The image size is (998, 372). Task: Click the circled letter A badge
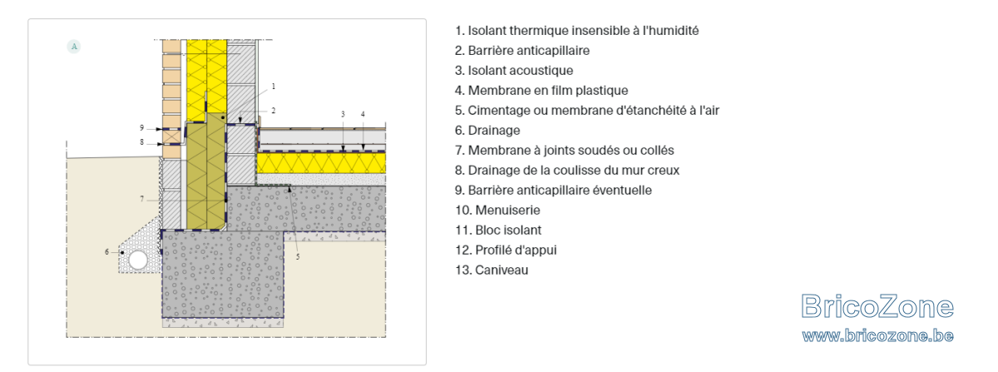click(74, 47)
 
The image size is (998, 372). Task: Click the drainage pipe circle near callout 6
click(138, 260)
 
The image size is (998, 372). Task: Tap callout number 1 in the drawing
click(274, 86)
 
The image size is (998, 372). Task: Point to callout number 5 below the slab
click(298, 256)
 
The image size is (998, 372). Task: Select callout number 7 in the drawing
click(142, 199)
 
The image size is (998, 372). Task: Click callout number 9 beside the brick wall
click(141, 128)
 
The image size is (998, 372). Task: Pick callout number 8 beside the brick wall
click(141, 142)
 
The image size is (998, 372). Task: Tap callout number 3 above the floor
click(343, 114)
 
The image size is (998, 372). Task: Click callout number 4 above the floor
click(363, 114)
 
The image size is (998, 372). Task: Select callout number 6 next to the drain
click(107, 252)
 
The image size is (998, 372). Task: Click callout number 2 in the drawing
click(274, 110)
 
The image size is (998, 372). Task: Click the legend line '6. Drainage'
click(487, 131)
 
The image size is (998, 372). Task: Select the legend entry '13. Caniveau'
click(492, 270)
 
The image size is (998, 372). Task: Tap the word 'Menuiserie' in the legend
click(507, 210)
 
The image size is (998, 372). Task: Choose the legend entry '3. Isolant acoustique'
click(514, 71)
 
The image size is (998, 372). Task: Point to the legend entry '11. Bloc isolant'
click(498, 231)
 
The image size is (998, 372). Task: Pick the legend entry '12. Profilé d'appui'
click(506, 250)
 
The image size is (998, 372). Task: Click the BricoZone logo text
click(877, 306)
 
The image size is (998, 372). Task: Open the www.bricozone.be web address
click(877, 335)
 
